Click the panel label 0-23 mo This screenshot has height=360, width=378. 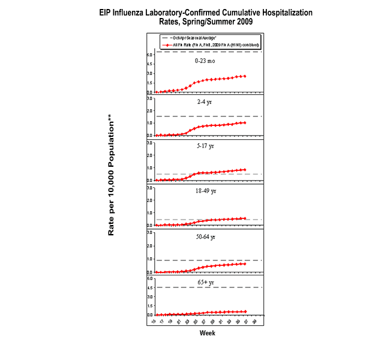(x=206, y=61)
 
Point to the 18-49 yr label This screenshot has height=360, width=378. (x=206, y=191)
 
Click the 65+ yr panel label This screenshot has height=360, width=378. (x=206, y=281)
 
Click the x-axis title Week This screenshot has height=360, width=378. (x=207, y=334)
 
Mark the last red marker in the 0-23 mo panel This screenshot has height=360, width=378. (x=245, y=76)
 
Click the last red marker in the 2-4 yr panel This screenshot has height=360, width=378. (x=245, y=122)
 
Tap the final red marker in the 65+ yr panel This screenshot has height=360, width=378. (x=245, y=311)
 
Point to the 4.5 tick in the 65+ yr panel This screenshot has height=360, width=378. (x=150, y=287)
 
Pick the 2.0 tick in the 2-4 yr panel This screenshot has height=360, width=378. (x=150, y=110)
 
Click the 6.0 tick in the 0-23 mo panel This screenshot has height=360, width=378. (x=150, y=55)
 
